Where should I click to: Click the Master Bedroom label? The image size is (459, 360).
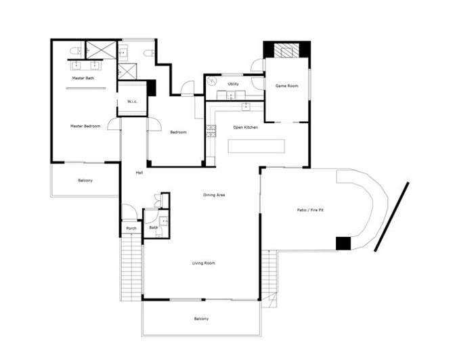coord(85,126)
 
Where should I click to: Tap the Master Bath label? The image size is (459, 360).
coord(83,78)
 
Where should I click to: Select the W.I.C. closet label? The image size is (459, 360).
coord(133,102)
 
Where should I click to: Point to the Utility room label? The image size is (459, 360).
coord(233,84)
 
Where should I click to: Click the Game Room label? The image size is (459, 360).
coord(286,87)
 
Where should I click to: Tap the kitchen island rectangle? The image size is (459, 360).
coord(256,146)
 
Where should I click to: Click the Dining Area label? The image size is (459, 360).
coord(214,195)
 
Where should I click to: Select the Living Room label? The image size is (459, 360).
coord(203,263)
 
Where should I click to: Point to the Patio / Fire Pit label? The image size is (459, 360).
coord(311,210)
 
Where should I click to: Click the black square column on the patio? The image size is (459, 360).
coord(343,243)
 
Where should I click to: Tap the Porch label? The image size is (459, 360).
coord(131,228)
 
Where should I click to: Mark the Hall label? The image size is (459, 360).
coord(139,173)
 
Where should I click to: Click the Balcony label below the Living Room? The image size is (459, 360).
coord(201,319)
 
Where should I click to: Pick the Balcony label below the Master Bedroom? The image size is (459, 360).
coord(85,180)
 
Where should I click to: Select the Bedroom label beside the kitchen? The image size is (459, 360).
coord(178,132)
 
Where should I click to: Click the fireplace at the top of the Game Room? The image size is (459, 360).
coord(286,50)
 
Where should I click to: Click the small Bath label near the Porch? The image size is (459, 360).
coord(153,227)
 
